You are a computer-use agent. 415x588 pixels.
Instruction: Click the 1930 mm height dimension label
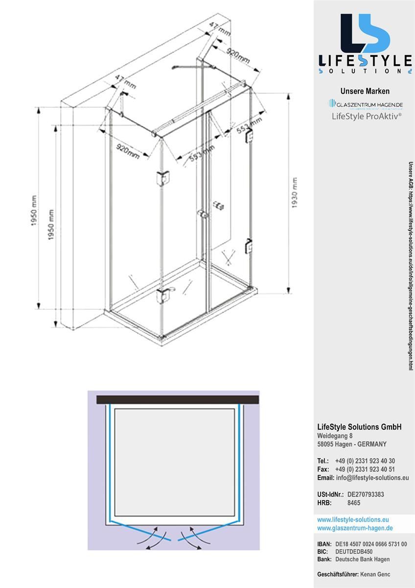[295, 193]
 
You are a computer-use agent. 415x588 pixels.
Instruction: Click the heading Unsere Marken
[365, 91]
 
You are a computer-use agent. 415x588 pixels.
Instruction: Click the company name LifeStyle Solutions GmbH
[359, 427]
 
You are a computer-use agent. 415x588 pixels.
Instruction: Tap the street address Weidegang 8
[335, 436]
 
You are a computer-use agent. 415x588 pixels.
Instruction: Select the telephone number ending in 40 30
[365, 461]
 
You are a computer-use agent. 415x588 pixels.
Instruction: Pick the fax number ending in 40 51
[365, 469]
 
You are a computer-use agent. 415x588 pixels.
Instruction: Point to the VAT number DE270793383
[366, 494]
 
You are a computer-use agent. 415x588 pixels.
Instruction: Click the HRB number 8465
[354, 503]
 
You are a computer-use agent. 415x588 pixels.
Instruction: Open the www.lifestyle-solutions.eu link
[353, 519]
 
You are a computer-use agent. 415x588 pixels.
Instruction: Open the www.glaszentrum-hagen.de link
[355, 528]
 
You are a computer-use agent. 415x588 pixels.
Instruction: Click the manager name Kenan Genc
[375, 574]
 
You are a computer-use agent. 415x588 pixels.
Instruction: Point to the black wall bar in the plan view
[177, 400]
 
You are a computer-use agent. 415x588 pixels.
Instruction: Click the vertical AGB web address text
[411, 265]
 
